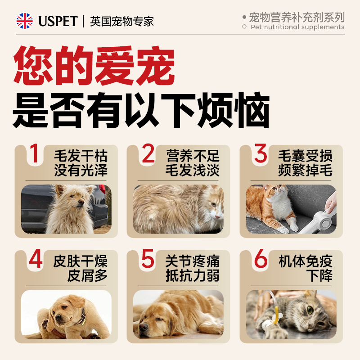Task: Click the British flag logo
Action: (25, 21)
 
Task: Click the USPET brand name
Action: (58, 21)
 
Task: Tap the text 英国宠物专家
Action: (122, 21)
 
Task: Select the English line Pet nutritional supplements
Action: (297, 27)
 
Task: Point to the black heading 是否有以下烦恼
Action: (141, 111)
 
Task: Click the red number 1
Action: (34, 154)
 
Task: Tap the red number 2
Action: (148, 154)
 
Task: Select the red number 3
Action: (261, 154)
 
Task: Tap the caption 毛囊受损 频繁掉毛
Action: (305, 163)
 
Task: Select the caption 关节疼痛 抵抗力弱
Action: (192, 268)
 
